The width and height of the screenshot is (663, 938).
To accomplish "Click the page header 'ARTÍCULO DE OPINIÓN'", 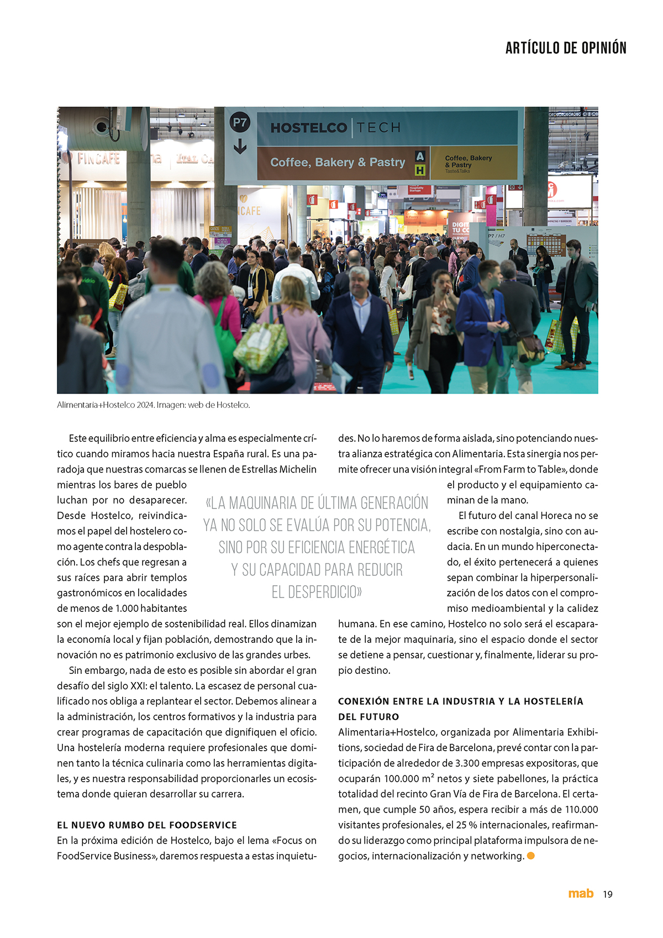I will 566,48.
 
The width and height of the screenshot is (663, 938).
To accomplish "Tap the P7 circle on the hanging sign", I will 240,122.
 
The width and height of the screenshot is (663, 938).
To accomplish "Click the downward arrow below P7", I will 240,146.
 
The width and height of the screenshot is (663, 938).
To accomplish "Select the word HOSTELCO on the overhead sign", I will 308,128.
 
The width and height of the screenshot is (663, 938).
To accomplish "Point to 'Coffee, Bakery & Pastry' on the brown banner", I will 337,162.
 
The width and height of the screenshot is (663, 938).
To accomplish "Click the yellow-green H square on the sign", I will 420,170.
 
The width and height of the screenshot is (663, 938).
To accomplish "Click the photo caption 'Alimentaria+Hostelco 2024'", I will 106,405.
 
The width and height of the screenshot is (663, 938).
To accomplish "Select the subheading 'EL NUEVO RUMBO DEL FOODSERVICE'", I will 147,825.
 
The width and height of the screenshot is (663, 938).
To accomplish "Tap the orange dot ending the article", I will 531,856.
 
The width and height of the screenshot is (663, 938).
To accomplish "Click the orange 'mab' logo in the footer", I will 581,893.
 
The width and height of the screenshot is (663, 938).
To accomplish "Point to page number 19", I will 608,894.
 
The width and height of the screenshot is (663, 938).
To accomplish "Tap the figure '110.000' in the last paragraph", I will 581,810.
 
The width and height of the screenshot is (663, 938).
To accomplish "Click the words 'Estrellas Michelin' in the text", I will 279,469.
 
